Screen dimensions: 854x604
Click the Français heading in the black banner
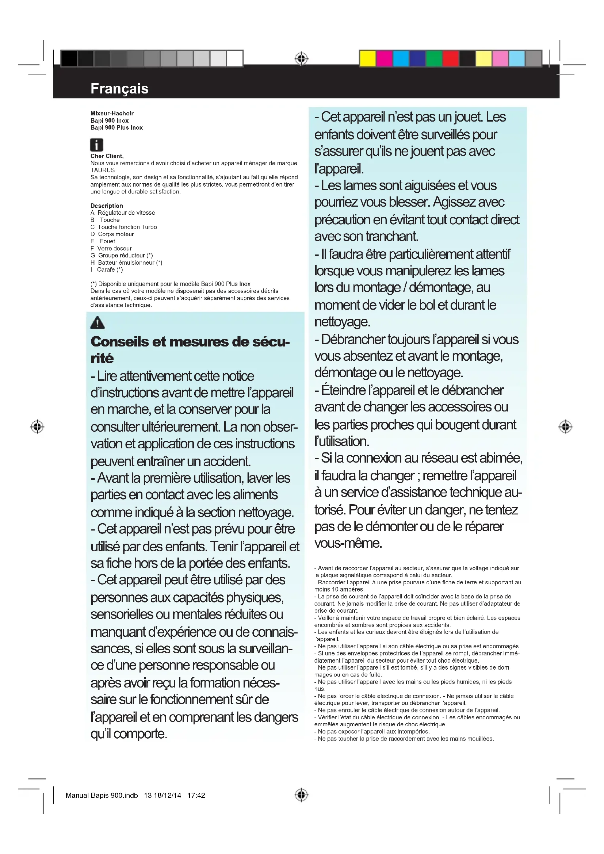(x=119, y=88)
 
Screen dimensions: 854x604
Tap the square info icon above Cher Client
(x=96, y=144)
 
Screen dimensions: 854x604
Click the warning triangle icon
(x=98, y=322)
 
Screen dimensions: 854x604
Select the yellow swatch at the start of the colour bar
(x=367, y=59)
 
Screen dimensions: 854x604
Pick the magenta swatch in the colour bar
(x=384, y=59)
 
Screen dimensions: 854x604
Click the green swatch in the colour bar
(x=434, y=59)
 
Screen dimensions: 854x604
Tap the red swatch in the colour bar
(x=450, y=59)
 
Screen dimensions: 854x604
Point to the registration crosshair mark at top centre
(x=301, y=59)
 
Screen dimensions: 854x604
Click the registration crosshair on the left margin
(x=37, y=426)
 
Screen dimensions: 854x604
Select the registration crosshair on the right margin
(x=565, y=426)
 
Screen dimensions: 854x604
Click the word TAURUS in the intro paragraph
(x=103, y=170)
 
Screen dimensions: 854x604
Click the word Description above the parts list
(x=106, y=206)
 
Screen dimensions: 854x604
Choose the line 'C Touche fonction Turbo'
(x=123, y=227)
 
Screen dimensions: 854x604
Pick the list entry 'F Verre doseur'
(x=111, y=248)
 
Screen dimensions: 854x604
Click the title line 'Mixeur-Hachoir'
(x=112, y=113)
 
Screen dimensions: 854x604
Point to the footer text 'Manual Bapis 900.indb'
(x=102, y=795)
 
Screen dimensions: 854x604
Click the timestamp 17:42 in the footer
(x=196, y=795)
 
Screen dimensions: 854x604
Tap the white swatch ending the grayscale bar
(x=235, y=59)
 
